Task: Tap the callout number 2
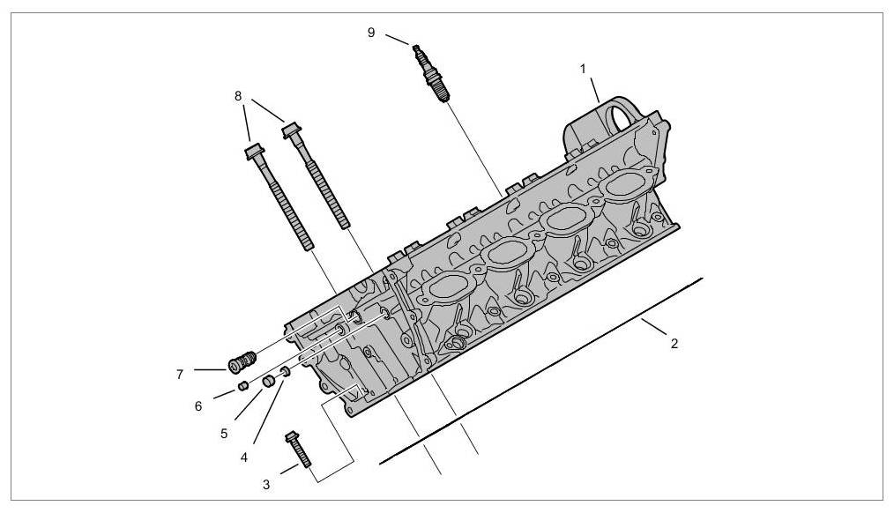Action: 674,343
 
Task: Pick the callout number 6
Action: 198,405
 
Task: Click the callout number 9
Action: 371,32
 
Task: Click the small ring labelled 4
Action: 285,374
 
